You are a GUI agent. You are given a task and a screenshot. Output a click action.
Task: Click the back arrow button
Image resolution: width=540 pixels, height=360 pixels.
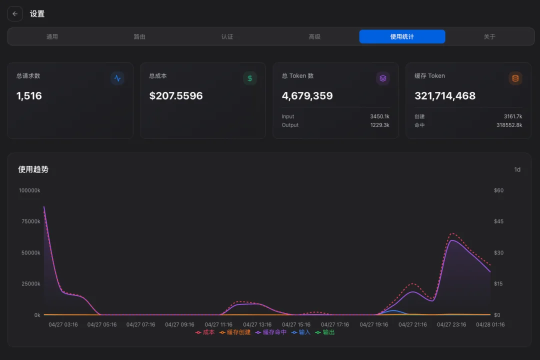coord(15,14)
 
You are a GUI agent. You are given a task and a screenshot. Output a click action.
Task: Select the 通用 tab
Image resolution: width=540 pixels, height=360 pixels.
coord(52,36)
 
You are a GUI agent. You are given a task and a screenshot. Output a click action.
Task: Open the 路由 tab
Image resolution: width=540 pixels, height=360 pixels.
coord(139,36)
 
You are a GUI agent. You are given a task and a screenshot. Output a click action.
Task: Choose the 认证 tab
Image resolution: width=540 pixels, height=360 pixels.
coord(227,36)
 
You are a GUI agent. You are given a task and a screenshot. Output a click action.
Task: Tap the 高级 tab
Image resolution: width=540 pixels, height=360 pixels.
coord(314,36)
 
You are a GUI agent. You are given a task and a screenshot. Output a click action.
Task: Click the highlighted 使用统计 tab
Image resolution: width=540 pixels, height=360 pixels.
coord(402,36)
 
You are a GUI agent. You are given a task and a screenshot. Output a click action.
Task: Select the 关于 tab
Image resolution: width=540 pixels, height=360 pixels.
coord(489,36)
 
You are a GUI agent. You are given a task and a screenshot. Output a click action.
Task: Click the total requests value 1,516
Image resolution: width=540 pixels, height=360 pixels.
coord(29,96)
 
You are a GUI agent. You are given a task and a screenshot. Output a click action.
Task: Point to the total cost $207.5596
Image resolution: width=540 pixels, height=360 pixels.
coord(176,96)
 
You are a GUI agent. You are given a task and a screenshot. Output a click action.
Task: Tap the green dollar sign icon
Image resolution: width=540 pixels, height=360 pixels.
coord(250,78)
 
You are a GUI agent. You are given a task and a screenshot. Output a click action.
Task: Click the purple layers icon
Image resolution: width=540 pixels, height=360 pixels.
coord(382,78)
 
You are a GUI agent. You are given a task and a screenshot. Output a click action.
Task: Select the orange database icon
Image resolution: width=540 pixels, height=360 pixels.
coord(515,78)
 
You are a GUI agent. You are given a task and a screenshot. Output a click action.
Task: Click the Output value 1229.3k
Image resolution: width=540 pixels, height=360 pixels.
coord(379,125)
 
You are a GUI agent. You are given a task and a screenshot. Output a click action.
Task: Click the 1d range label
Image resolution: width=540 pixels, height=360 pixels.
coord(517,169)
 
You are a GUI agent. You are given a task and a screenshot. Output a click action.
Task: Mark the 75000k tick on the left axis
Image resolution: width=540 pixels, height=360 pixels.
coord(29,221)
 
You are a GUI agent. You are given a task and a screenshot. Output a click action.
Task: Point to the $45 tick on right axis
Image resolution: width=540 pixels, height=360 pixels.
coord(498,221)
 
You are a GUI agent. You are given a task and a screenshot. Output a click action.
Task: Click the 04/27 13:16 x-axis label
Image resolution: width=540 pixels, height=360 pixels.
coord(257,324)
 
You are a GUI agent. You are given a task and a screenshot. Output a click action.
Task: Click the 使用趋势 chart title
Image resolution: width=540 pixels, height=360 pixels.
coord(33,169)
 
